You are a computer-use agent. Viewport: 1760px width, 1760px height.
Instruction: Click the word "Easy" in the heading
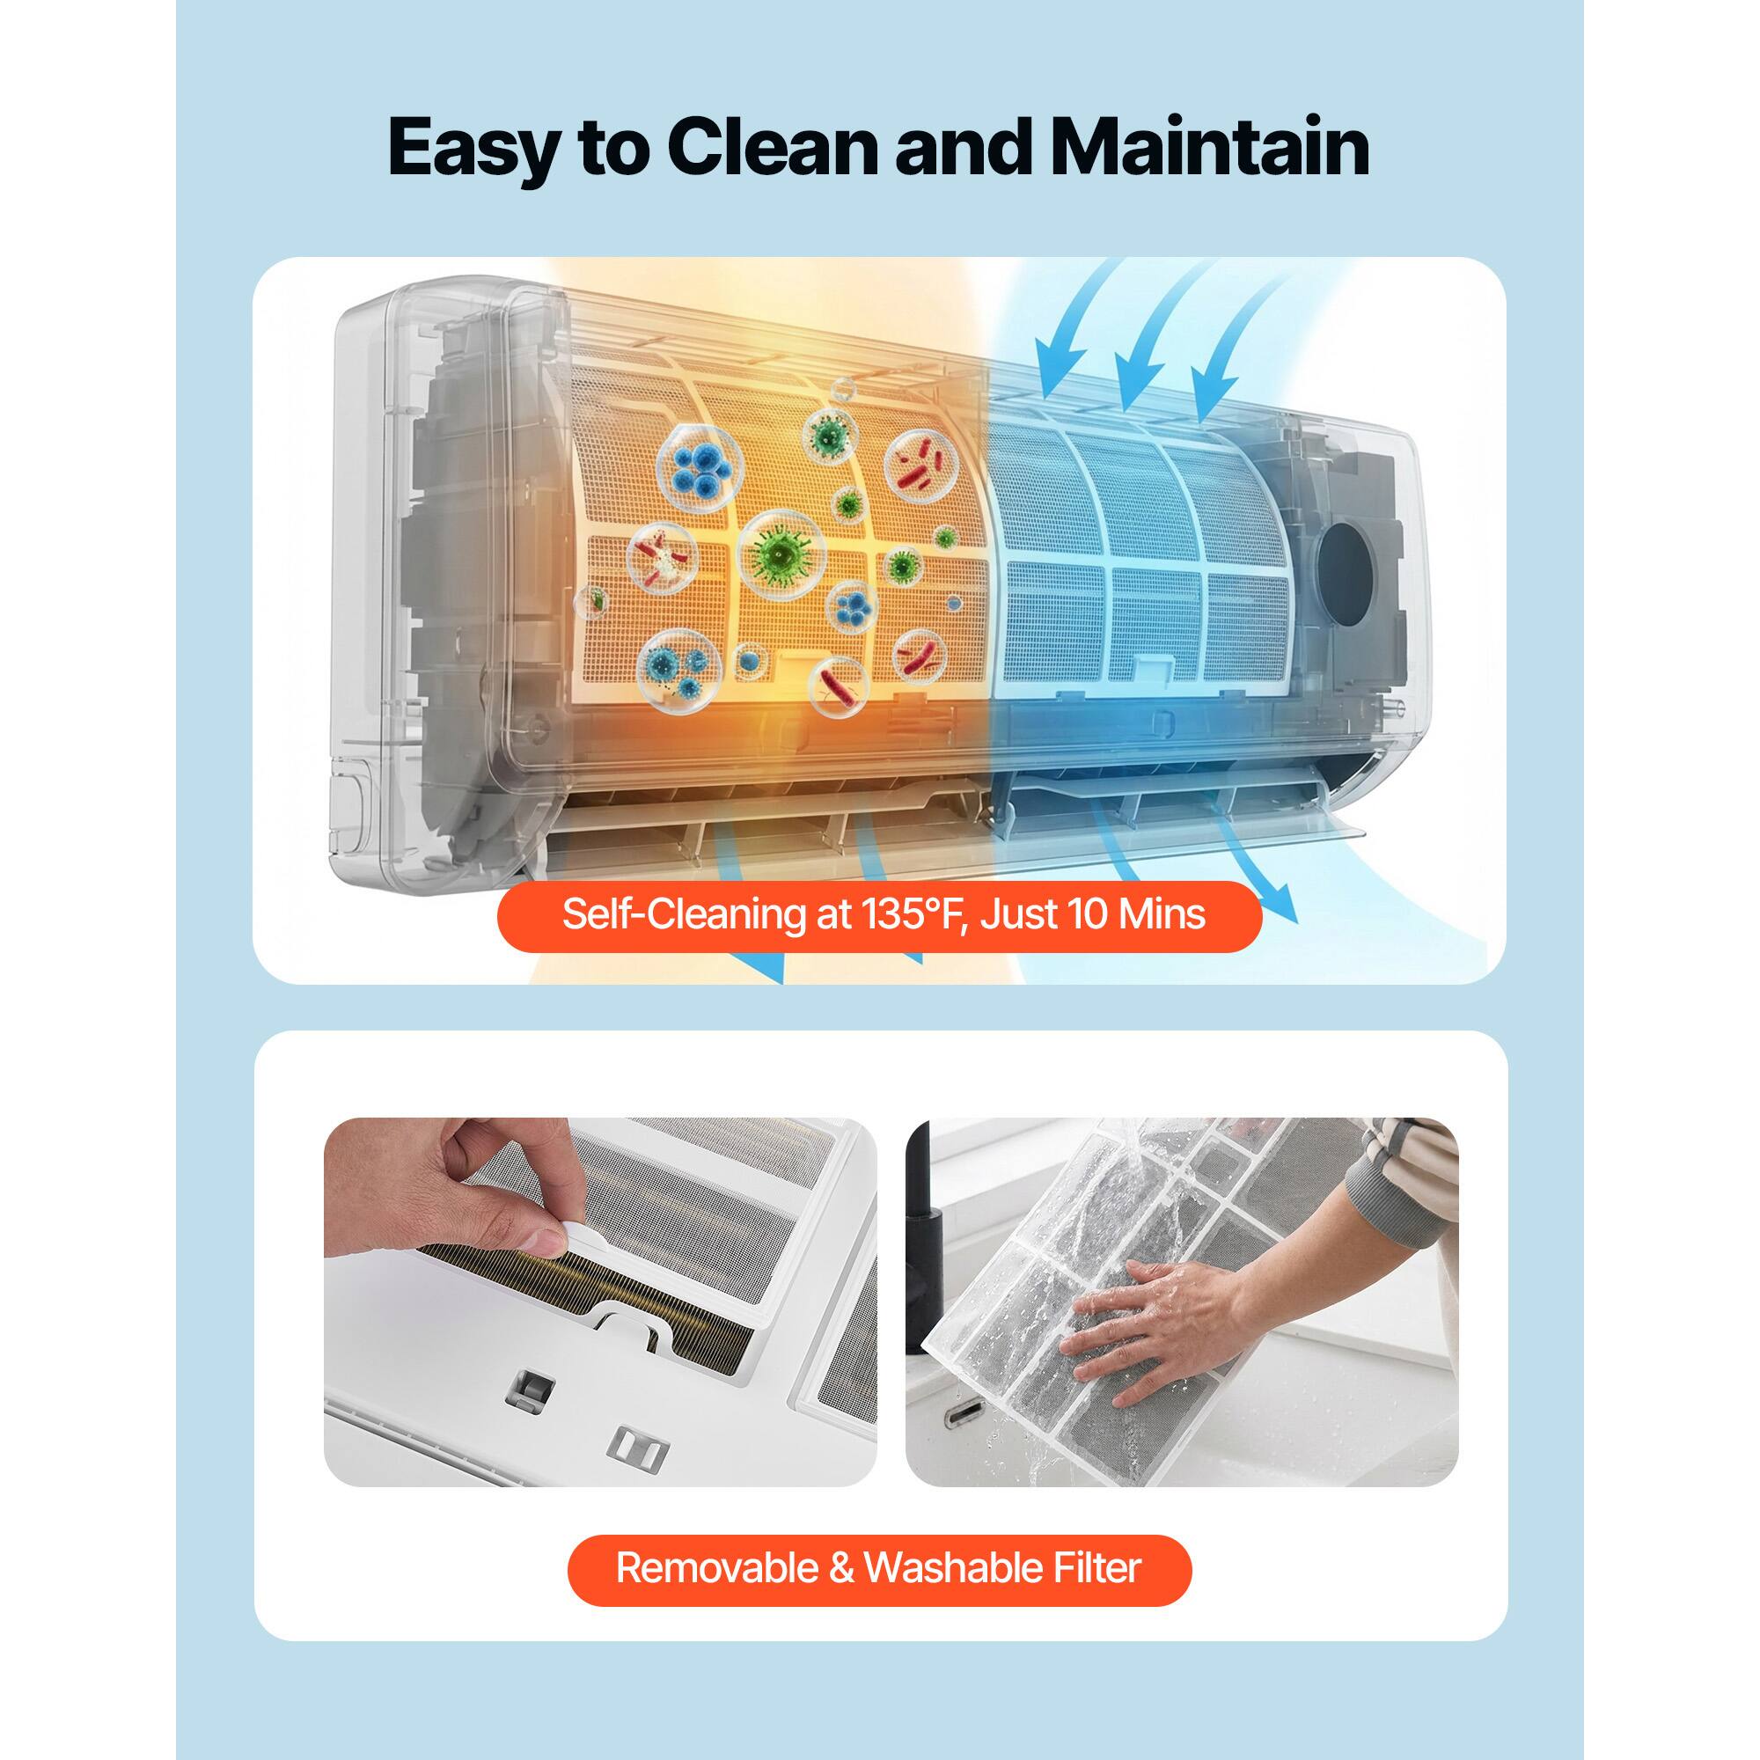[x=472, y=148]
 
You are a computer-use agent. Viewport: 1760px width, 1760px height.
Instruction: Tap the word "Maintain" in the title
[x=1210, y=146]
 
